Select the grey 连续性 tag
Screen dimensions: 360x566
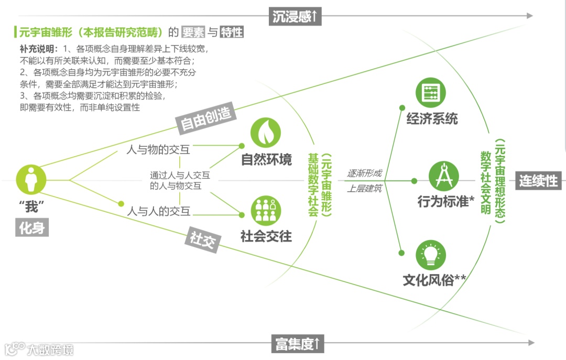[538, 181]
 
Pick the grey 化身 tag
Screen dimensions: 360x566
[31, 228]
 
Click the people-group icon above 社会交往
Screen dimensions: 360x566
[266, 210]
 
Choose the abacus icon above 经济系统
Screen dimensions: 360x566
[431, 92]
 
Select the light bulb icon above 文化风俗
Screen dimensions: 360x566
[431, 255]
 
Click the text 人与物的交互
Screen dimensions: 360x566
[159, 150]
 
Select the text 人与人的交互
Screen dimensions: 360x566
[159, 212]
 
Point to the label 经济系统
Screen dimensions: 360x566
[432, 118]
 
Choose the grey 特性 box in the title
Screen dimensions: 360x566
[232, 32]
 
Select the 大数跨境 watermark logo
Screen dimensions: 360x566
[39, 350]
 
